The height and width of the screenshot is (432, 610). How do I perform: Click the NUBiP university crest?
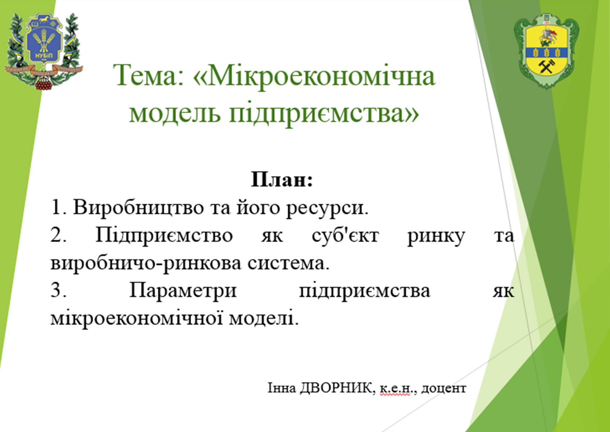(44, 51)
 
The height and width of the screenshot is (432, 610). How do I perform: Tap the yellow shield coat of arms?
(546, 51)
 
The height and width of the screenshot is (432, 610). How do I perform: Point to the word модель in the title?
(175, 113)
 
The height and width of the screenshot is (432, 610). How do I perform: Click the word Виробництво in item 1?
(138, 207)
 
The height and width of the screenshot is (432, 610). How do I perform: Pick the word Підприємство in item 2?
(164, 236)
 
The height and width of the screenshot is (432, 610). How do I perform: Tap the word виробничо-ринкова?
(146, 264)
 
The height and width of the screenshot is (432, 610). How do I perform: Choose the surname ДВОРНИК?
(336, 388)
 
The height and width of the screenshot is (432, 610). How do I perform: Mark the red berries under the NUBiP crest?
(44, 84)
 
